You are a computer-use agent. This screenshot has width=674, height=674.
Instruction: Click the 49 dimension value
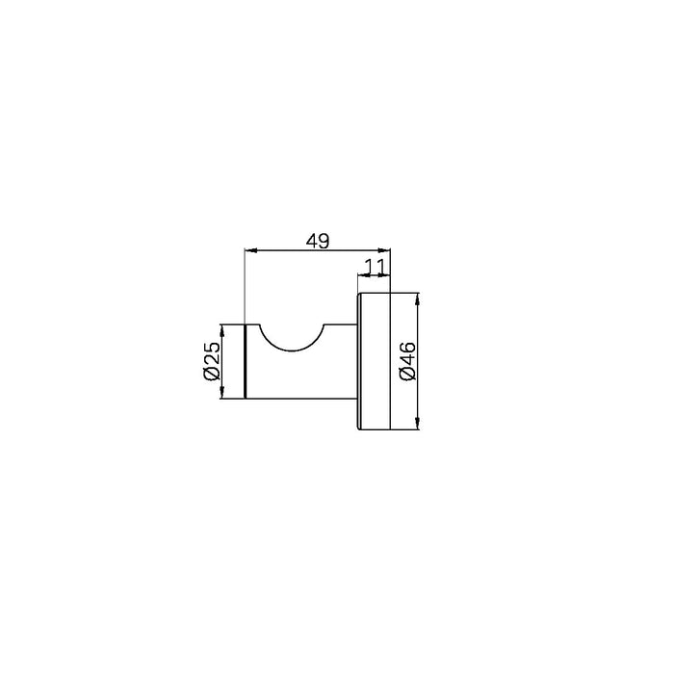[317, 241]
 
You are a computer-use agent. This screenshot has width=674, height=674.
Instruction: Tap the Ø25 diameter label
[212, 361]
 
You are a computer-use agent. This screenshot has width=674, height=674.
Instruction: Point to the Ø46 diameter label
[407, 361]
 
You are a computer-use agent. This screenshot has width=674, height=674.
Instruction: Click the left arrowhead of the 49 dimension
[250, 250]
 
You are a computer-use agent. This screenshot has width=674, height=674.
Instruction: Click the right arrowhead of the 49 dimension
[384, 250]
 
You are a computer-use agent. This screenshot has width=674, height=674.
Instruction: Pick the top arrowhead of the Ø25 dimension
[222, 330]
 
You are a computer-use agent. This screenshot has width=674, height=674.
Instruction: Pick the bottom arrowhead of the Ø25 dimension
[222, 393]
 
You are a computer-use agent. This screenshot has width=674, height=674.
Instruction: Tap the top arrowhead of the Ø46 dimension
[418, 299]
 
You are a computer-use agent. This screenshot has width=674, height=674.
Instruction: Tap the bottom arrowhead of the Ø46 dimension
[418, 423]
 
